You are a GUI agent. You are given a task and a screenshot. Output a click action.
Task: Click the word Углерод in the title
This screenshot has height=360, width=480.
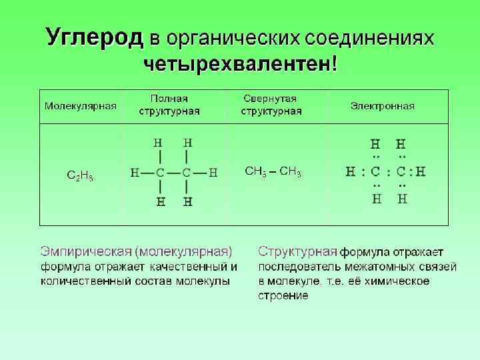[95, 37]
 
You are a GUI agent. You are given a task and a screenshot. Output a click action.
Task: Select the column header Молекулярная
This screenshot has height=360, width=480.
[80, 106]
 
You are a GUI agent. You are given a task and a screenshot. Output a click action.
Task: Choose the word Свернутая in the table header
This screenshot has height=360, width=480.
[270, 99]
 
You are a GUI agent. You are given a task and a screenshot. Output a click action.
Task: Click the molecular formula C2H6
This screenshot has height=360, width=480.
[81, 176]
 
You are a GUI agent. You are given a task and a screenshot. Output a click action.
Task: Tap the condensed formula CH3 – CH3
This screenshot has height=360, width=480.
[273, 172]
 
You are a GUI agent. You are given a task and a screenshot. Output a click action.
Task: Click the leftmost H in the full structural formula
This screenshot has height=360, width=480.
[135, 173]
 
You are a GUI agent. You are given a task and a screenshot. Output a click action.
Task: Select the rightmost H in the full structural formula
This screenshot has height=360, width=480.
[213, 173]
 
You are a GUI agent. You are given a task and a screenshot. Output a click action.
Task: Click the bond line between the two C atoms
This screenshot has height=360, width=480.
[173, 173]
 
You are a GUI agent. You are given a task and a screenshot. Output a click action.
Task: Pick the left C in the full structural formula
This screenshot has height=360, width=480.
[160, 173]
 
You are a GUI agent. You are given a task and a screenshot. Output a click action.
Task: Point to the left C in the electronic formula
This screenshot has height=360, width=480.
[377, 172]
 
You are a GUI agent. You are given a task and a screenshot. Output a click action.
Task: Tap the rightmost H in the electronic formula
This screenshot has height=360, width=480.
[420, 172]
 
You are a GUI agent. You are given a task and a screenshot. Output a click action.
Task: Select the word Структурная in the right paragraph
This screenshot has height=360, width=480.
[297, 252]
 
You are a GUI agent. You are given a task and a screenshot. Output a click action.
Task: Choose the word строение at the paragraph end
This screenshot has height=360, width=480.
[283, 295]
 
